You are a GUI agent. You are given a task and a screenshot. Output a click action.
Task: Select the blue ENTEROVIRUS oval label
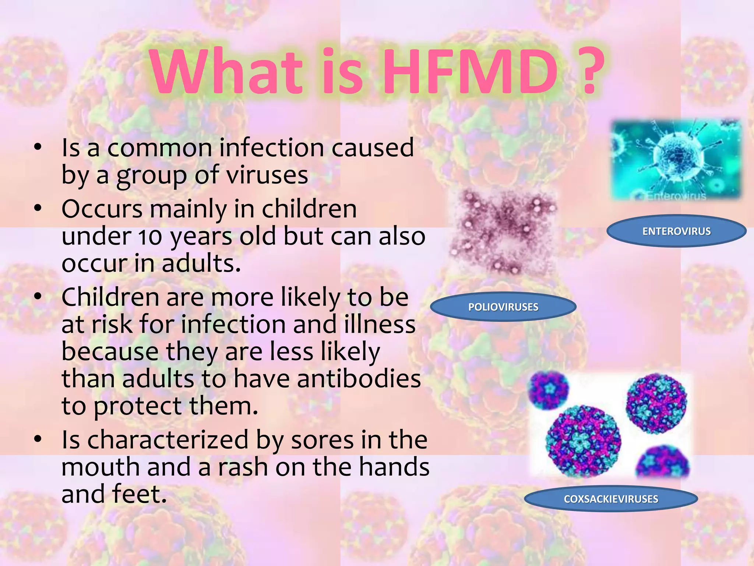[676, 231]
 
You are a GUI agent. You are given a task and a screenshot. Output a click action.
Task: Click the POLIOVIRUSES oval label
[503, 307]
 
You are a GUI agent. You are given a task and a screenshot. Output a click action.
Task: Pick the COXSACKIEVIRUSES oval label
[611, 499]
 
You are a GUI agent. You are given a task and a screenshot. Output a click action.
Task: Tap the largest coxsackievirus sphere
[583, 441]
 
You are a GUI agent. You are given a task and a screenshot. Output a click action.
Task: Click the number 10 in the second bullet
[150, 237]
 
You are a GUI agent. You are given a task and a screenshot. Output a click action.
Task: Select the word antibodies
[359, 379]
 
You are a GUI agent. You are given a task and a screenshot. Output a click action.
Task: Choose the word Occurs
[102, 209]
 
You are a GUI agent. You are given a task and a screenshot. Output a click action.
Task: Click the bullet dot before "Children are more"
[38, 296]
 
